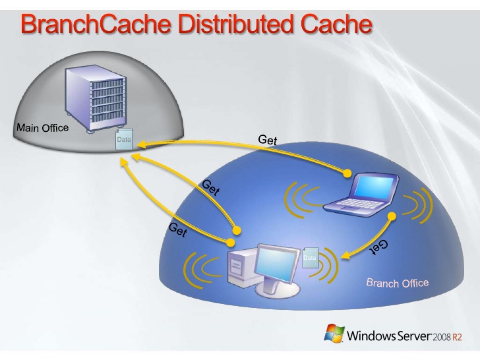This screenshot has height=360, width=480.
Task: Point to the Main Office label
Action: [x=42, y=128]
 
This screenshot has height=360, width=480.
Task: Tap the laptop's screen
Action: [x=373, y=188]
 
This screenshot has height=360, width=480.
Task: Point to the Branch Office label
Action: [x=398, y=283]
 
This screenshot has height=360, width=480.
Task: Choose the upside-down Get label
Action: [x=378, y=247]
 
